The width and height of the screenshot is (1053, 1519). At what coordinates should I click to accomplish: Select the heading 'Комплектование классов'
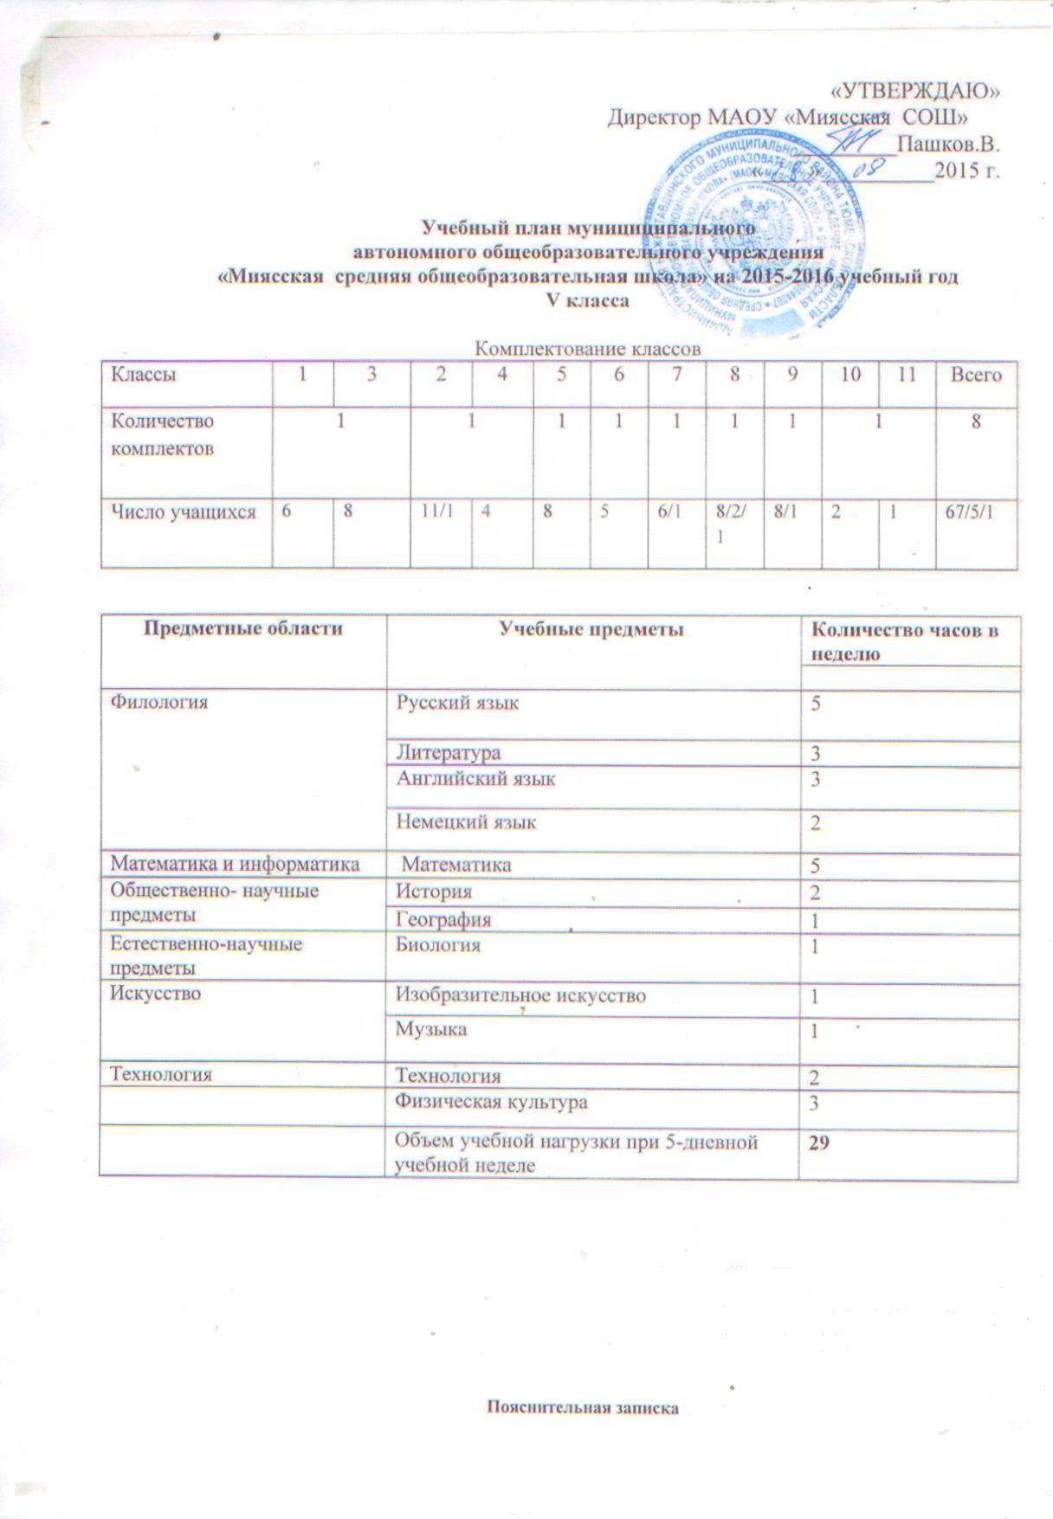tap(587, 349)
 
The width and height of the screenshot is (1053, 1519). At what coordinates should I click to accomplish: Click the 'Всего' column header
tap(976, 375)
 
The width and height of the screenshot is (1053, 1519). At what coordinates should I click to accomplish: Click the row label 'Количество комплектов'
tap(162, 434)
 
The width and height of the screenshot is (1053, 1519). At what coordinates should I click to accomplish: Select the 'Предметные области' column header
tap(242, 629)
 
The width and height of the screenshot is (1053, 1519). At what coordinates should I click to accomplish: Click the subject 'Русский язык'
tap(457, 703)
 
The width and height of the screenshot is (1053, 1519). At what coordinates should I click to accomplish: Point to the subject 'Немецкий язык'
tap(466, 821)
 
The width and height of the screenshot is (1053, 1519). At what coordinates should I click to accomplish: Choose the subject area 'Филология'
tap(158, 703)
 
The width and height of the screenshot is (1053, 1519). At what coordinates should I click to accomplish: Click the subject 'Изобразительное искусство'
tap(520, 995)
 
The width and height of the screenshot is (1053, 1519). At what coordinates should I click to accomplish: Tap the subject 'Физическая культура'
tap(491, 1102)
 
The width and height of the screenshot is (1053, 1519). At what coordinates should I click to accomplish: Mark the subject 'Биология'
tap(437, 944)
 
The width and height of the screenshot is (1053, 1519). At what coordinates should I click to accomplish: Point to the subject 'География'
tap(443, 919)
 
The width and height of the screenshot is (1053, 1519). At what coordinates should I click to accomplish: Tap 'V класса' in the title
tap(585, 301)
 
